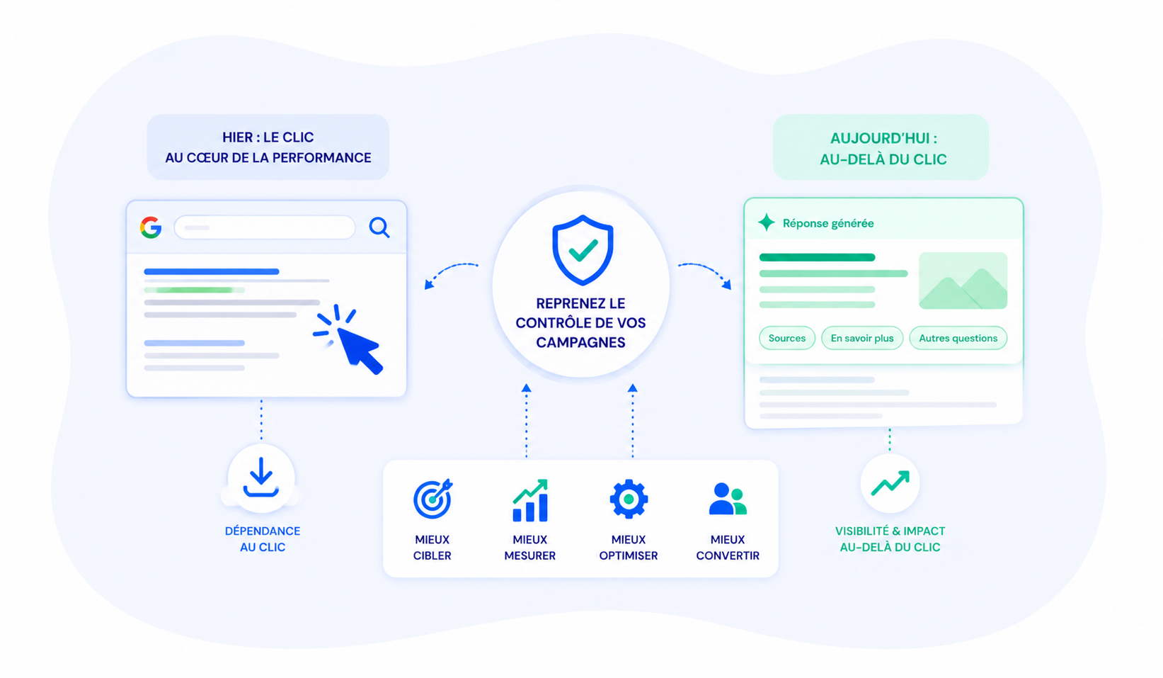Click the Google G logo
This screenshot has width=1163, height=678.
click(x=151, y=227)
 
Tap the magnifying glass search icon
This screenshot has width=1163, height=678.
click(x=379, y=227)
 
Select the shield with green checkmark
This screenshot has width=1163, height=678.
click(x=583, y=250)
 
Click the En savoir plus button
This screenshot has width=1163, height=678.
click(x=862, y=338)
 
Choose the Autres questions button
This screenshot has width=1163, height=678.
click(x=958, y=338)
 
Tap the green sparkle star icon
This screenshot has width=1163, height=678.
click(x=767, y=222)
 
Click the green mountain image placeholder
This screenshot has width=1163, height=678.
click(x=963, y=281)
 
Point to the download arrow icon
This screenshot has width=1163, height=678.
click(x=260, y=477)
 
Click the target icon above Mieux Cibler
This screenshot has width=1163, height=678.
click(x=432, y=499)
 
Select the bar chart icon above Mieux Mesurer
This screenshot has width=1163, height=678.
click(x=530, y=500)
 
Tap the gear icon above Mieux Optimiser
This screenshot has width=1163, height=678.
click(x=629, y=499)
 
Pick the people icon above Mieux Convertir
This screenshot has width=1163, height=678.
click(x=728, y=499)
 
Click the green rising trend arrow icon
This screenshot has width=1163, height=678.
click(x=890, y=483)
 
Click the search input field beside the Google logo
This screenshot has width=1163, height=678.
click(x=265, y=227)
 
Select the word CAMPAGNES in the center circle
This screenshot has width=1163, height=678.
click(x=580, y=342)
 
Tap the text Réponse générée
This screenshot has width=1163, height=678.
click(x=828, y=223)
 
